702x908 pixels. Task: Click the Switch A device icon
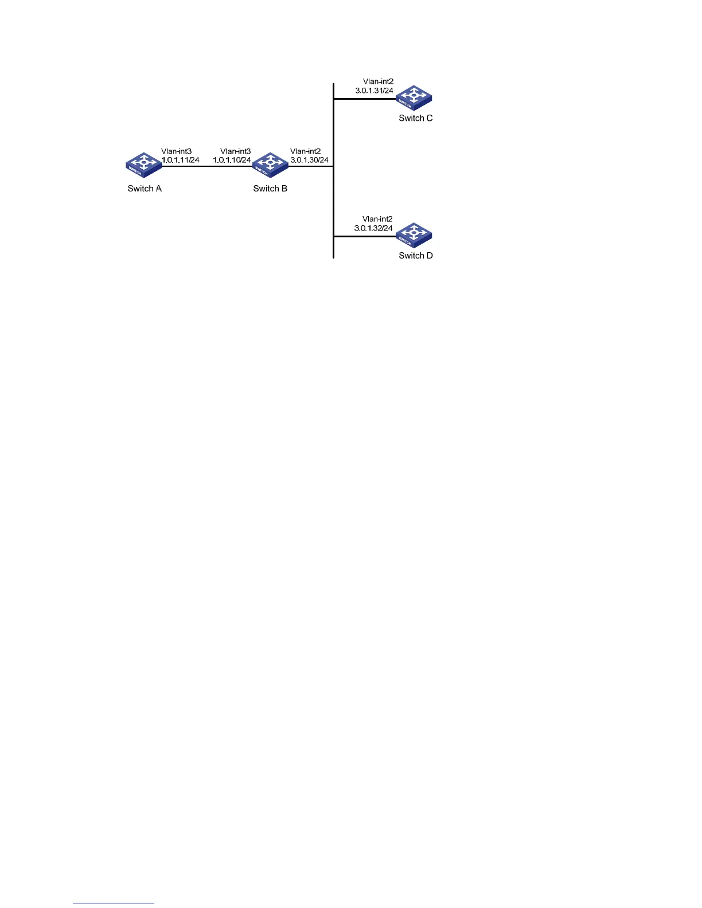pyautogui.click(x=144, y=165)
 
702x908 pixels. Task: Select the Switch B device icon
pyautogui.click(x=270, y=165)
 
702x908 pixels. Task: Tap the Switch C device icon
pyautogui.click(x=414, y=98)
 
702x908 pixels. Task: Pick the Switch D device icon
pyautogui.click(x=414, y=235)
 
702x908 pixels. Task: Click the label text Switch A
pyautogui.click(x=145, y=189)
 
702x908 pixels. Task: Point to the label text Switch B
pyautogui.click(x=270, y=189)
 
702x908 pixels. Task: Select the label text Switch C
pyautogui.click(x=416, y=118)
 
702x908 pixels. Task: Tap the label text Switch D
pyautogui.click(x=416, y=256)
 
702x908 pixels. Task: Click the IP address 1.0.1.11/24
pyautogui.click(x=180, y=160)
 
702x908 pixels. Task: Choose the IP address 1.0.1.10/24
pyautogui.click(x=232, y=160)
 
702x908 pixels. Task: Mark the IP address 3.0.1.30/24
pyautogui.click(x=309, y=160)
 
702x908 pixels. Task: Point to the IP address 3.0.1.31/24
pyautogui.click(x=374, y=91)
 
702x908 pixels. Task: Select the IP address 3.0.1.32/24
pyautogui.click(x=373, y=228)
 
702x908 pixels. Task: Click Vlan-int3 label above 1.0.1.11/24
pyautogui.click(x=176, y=152)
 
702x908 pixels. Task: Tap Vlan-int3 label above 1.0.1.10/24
pyautogui.click(x=235, y=152)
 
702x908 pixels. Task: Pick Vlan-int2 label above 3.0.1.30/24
pyautogui.click(x=305, y=152)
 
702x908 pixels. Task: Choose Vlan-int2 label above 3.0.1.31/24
pyautogui.click(x=378, y=82)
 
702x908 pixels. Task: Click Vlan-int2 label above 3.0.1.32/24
pyautogui.click(x=377, y=219)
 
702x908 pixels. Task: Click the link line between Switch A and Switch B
pyautogui.click(x=206, y=166)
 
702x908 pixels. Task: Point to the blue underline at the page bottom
pyautogui.click(x=114, y=903)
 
